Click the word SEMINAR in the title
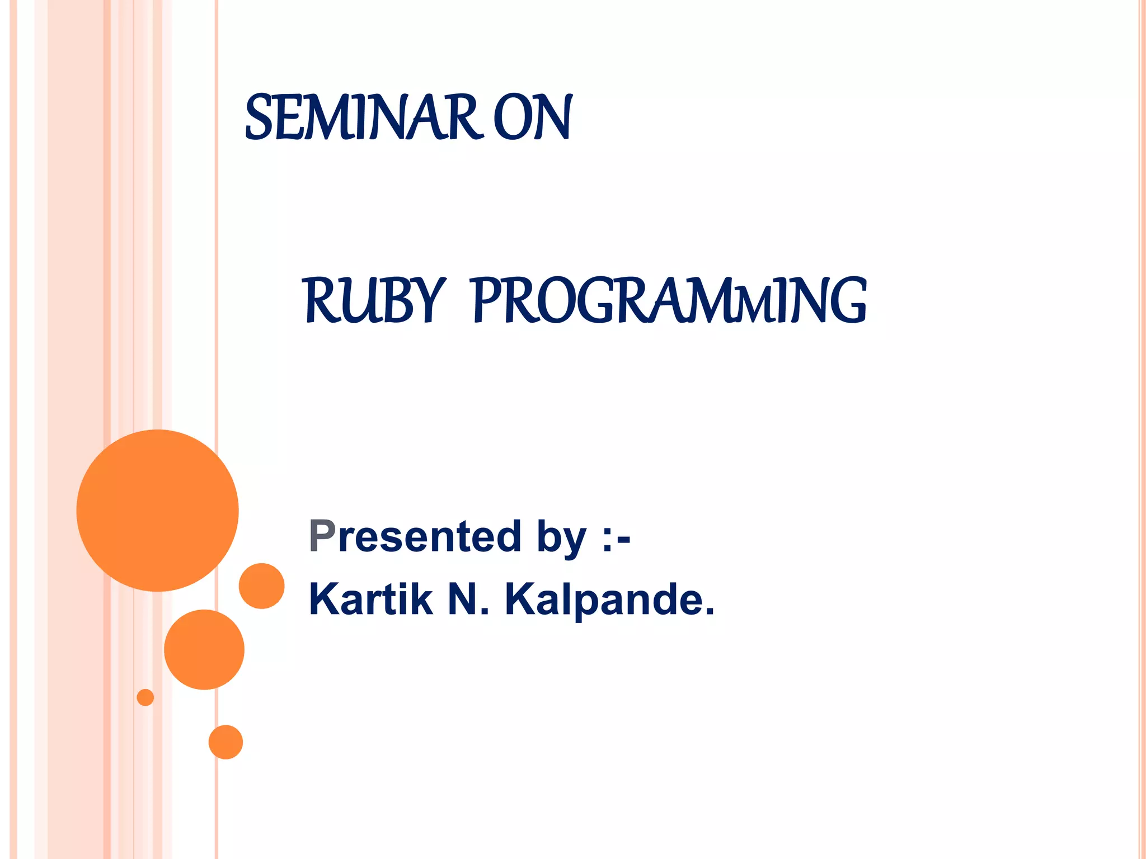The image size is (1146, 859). [364, 117]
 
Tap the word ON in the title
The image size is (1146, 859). [532, 117]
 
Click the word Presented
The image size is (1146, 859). [415, 536]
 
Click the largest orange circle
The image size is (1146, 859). [158, 510]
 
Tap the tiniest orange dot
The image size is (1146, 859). [145, 697]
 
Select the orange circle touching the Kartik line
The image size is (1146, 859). [261, 586]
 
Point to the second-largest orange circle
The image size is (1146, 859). [204, 649]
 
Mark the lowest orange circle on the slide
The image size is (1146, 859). [226, 742]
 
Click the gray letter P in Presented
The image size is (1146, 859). [322, 536]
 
